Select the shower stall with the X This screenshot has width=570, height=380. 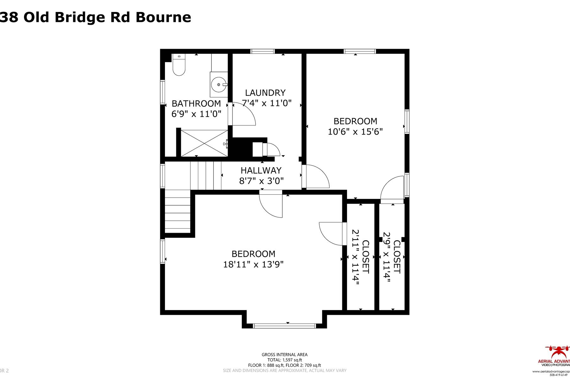coord(204,143)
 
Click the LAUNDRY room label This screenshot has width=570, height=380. coord(265,93)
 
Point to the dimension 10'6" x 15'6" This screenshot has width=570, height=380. coord(355,131)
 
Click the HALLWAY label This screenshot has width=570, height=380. coord(261,170)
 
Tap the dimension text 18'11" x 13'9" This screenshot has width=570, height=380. coord(253,264)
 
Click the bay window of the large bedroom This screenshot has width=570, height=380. coord(284,326)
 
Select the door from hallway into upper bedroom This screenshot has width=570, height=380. coord(315,177)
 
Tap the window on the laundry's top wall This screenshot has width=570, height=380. coord(263,51)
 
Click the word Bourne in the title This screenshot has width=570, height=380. coord(163,17)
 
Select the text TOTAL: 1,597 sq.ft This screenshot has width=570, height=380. coord(284,360)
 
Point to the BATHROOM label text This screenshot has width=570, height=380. coord(196,104)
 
